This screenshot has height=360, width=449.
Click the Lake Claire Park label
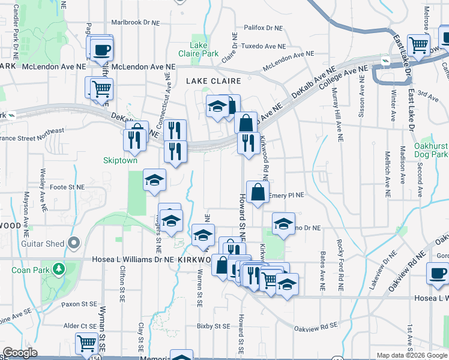pos(203,49)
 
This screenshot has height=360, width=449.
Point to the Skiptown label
pos(120,161)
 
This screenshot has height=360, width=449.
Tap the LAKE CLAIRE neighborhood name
pos(213,80)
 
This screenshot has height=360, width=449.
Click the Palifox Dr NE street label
pos(262,28)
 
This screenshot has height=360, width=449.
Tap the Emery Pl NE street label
pos(288,195)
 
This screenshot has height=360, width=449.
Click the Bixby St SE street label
pos(213,327)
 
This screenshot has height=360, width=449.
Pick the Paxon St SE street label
pos(79,304)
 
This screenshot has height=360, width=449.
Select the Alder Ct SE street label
pos(80,326)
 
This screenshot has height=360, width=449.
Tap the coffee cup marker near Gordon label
pos(437,274)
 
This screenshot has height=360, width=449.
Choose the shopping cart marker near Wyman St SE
pos(87,344)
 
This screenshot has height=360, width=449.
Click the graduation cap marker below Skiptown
pos(154,180)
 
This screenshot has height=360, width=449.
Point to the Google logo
pos(20,353)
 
